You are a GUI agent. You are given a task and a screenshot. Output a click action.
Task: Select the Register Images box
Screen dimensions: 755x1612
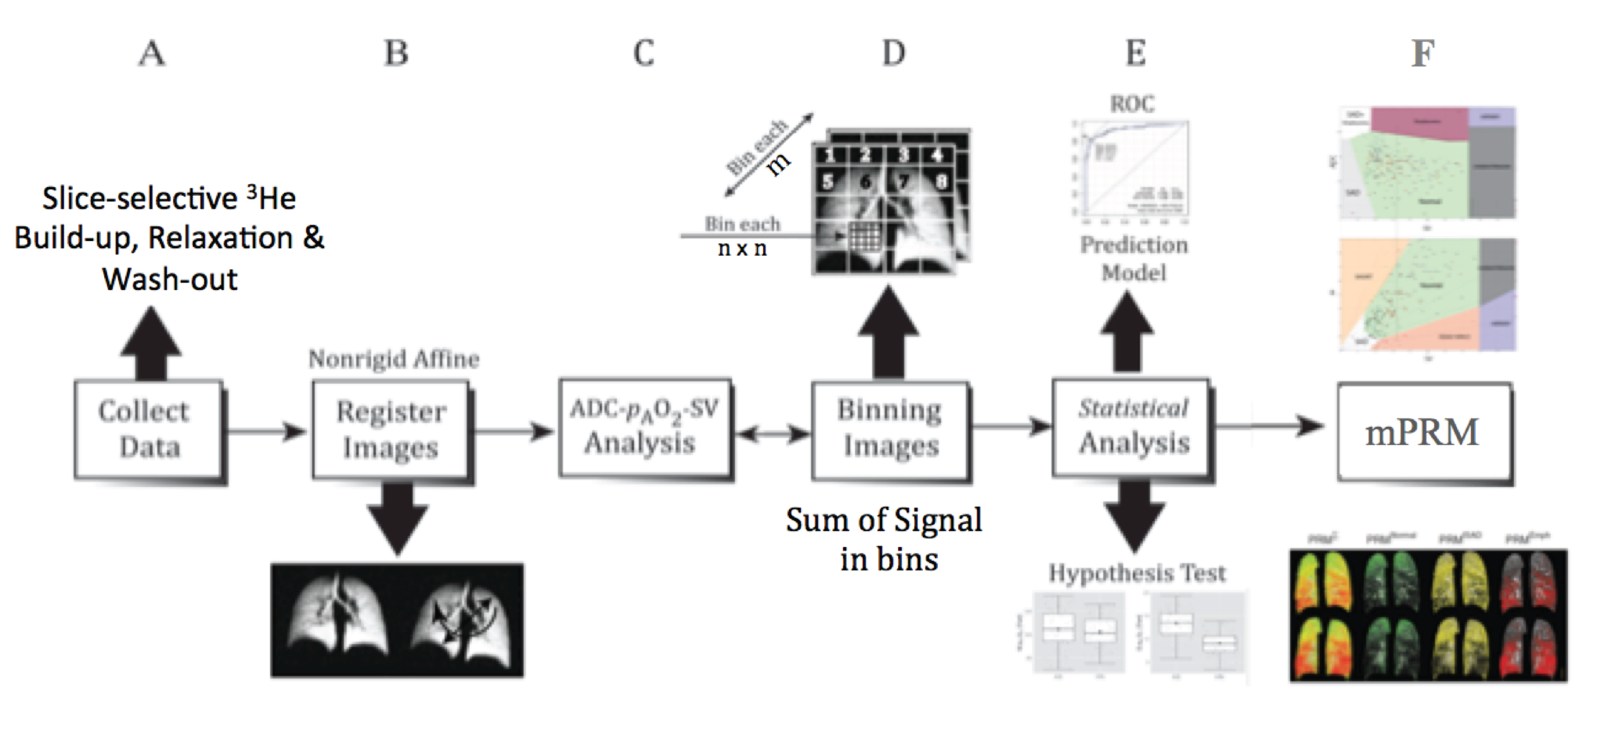click(390, 430)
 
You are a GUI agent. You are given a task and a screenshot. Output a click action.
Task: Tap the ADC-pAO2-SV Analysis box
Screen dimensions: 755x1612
click(644, 427)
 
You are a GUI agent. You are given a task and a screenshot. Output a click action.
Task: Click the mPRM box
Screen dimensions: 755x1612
click(1424, 432)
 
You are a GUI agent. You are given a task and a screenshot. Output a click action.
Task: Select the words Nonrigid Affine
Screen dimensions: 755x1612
click(393, 359)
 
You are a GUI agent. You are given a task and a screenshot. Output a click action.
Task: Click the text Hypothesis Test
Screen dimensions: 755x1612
click(1136, 573)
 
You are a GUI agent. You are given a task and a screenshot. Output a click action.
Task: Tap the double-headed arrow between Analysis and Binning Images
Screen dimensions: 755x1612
click(772, 433)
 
